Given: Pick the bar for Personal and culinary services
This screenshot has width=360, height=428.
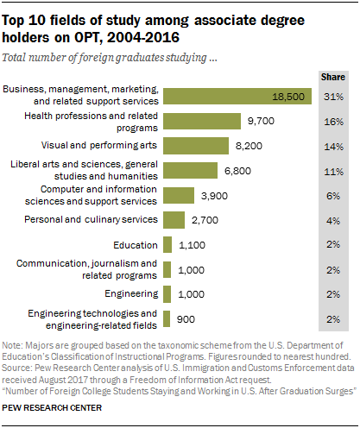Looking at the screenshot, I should point(174,219).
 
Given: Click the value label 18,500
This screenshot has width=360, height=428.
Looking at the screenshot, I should point(287,97).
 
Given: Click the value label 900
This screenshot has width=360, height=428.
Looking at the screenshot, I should point(186,318).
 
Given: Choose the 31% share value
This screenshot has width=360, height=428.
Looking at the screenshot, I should point(332,96).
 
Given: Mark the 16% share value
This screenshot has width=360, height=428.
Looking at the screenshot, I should point(332,121).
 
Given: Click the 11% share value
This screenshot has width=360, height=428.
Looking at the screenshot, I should point(332,170).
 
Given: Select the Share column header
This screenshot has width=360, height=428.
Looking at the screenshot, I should point(332,75).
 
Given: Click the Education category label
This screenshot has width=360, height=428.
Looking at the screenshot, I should point(134,244).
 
